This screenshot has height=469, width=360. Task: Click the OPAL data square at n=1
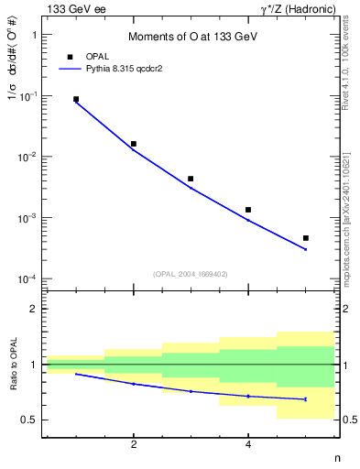pos(76,99)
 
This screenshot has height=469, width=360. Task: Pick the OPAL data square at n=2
pos(134,144)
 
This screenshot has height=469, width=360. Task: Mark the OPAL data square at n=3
pos(191,179)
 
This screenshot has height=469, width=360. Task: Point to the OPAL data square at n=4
pos(248,210)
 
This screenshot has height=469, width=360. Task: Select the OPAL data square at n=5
pos(306,238)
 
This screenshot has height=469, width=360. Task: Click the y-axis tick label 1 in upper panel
pos(34,35)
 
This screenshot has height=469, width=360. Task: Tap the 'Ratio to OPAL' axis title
pos(14,365)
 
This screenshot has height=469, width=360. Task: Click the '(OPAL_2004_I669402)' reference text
pos(191,274)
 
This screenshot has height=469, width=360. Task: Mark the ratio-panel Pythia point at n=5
pos(306,398)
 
